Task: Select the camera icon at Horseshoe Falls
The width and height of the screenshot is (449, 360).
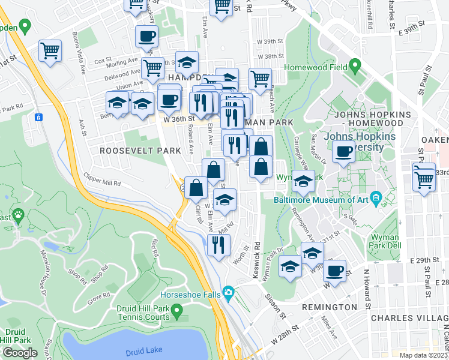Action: point(228,293)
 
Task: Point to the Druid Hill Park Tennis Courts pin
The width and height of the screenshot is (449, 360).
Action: point(176,310)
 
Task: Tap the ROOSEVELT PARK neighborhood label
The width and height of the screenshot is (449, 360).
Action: point(131,151)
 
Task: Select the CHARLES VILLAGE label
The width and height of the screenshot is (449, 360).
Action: point(409,317)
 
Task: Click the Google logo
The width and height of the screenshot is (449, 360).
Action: point(20,352)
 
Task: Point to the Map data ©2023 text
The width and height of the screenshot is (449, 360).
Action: point(423,355)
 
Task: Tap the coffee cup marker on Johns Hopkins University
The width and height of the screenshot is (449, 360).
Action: point(343,152)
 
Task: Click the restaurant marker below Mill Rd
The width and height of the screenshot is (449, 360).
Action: point(218,244)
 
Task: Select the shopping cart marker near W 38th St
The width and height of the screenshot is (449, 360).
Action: point(260,79)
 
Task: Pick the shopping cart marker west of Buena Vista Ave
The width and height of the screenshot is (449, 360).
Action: point(50,50)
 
